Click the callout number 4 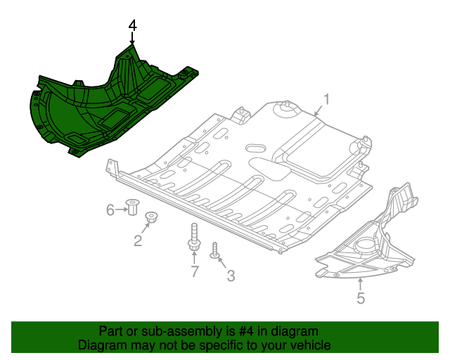pos(132,25)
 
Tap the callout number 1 pos(327,98)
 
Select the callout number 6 pos(110,210)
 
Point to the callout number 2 pos(138,241)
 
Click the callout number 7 pos(195,271)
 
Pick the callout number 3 pos(231,276)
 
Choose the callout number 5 pos(361,298)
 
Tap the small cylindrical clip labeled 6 pos(131,208)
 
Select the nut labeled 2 pos(150,218)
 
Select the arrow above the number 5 pos(360,284)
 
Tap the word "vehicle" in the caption pos(309,345)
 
